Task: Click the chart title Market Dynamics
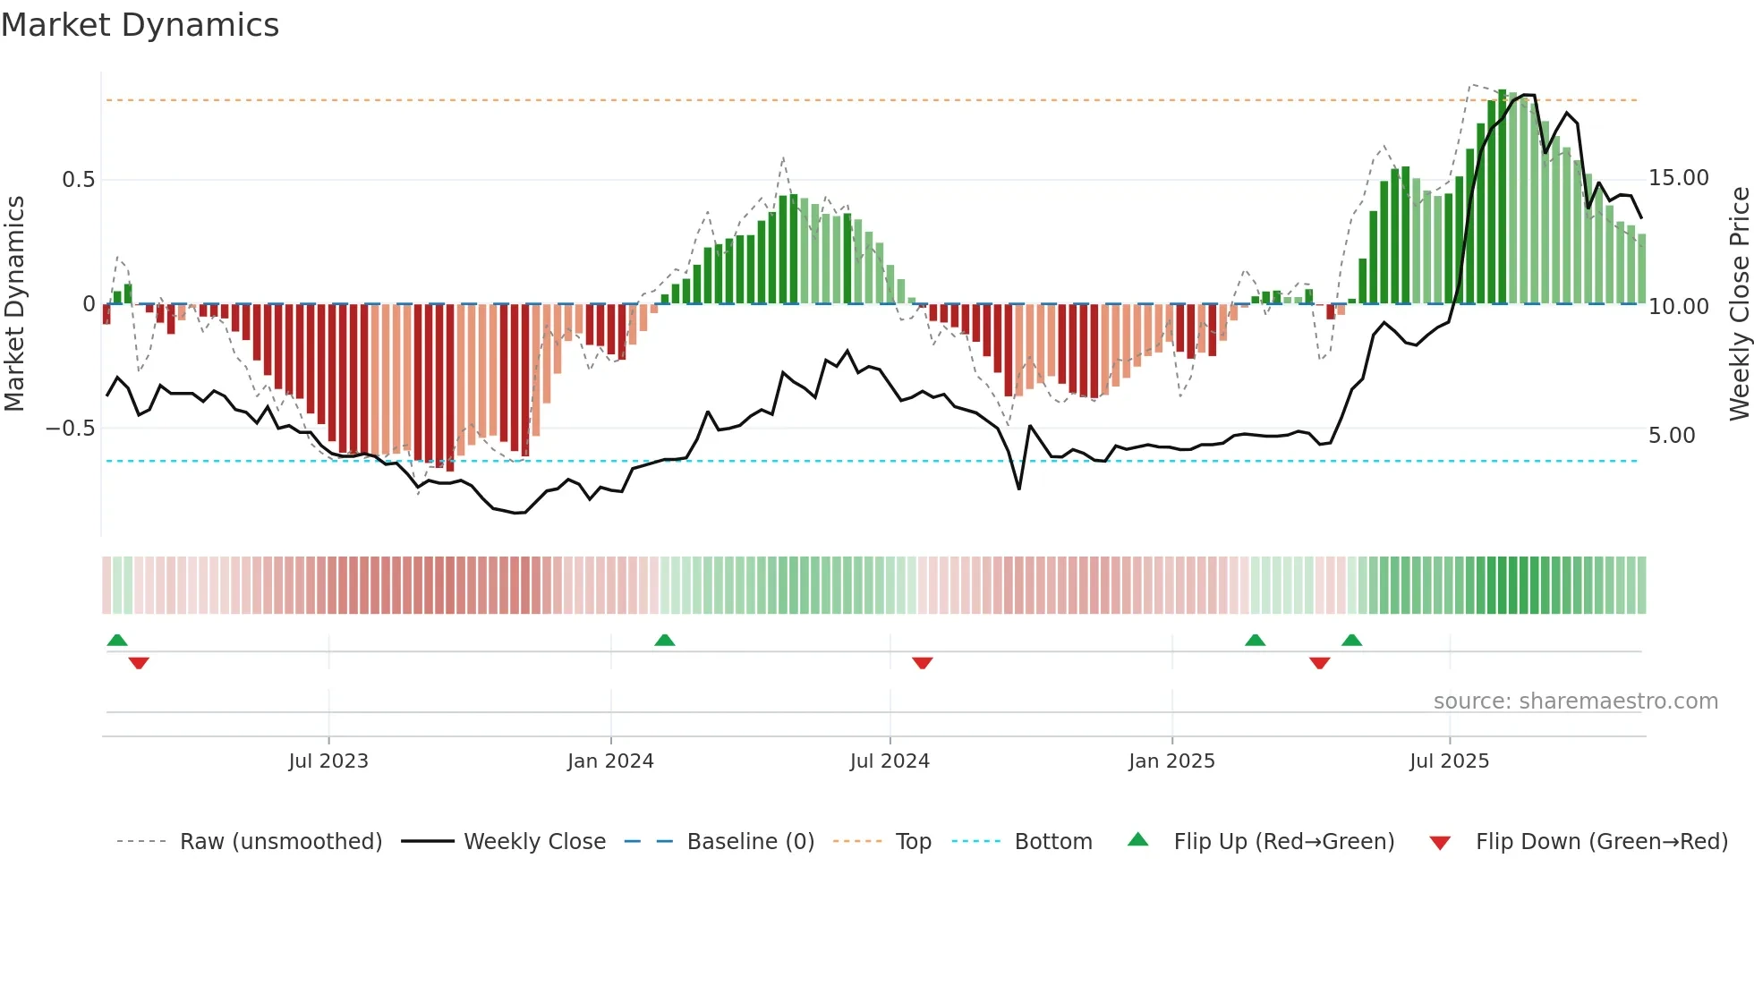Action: pyautogui.click(x=140, y=25)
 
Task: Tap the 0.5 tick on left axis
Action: pyautogui.click(x=78, y=180)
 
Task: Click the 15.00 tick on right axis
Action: pyautogui.click(x=1679, y=178)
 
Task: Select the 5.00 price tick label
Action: pyautogui.click(x=1672, y=436)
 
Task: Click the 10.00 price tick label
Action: pyautogui.click(x=1679, y=307)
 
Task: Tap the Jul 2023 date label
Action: pyautogui.click(x=328, y=761)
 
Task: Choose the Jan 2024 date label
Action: pyautogui.click(x=610, y=761)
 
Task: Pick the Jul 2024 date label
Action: pyautogui.click(x=890, y=761)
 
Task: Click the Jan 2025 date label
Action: pyautogui.click(x=1171, y=761)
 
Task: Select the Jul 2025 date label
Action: pyautogui.click(x=1449, y=761)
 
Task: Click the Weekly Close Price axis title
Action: pyautogui.click(x=1739, y=304)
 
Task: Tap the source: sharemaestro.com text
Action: pyautogui.click(x=1575, y=701)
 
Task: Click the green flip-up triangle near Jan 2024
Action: pyautogui.click(x=664, y=641)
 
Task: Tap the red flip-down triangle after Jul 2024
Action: pyautogui.click(x=923, y=663)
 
